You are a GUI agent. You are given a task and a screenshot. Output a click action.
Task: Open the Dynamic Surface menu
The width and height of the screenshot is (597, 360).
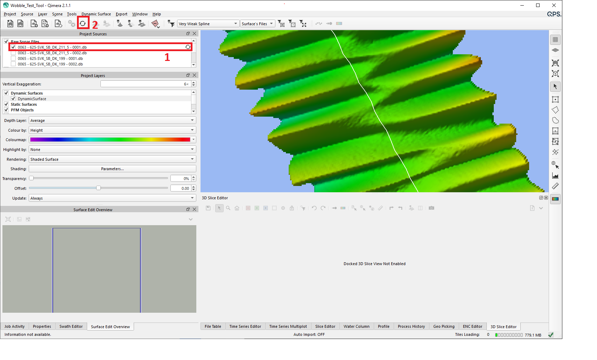coord(96,14)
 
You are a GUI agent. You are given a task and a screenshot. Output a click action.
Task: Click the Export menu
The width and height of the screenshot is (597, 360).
coord(121,14)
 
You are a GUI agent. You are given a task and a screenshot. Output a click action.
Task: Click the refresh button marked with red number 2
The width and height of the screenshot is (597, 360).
coord(83,23)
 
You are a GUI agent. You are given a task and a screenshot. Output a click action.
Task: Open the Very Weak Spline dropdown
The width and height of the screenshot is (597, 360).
coord(208,24)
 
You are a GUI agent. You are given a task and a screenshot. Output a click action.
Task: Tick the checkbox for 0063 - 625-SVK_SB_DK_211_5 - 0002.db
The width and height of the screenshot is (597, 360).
coord(13,53)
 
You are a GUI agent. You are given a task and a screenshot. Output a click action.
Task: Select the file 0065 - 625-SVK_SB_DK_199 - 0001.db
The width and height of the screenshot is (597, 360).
coord(50,58)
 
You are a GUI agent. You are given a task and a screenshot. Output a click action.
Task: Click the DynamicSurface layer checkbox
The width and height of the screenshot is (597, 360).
coord(13,99)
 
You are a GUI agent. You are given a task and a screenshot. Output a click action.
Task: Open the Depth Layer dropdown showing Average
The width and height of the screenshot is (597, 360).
coord(112,120)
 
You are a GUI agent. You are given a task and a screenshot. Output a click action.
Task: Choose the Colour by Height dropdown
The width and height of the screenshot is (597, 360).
coord(112,130)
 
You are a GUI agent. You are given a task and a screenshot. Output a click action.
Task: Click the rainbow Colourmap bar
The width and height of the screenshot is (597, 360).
coord(110,140)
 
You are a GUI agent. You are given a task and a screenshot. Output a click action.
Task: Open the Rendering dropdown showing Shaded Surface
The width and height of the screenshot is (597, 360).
coord(112,159)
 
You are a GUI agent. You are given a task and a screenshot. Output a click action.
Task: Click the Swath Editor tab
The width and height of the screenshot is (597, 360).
coord(71,326)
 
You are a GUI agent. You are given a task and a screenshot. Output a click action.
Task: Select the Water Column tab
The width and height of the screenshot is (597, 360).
coord(356,326)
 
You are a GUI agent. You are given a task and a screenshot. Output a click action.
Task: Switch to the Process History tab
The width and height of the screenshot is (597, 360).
coord(411,326)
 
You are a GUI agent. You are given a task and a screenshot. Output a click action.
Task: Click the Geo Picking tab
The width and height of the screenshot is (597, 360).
coord(444,326)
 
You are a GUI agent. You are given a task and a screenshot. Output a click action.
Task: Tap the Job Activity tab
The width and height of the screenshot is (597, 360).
coord(14,326)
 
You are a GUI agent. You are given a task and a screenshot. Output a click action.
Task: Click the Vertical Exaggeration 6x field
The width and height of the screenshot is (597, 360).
coord(145,84)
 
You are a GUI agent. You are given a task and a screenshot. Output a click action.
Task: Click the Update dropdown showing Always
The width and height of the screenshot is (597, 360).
coord(112,198)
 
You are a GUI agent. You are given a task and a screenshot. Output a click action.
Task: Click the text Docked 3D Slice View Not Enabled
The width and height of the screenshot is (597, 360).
coord(374,264)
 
